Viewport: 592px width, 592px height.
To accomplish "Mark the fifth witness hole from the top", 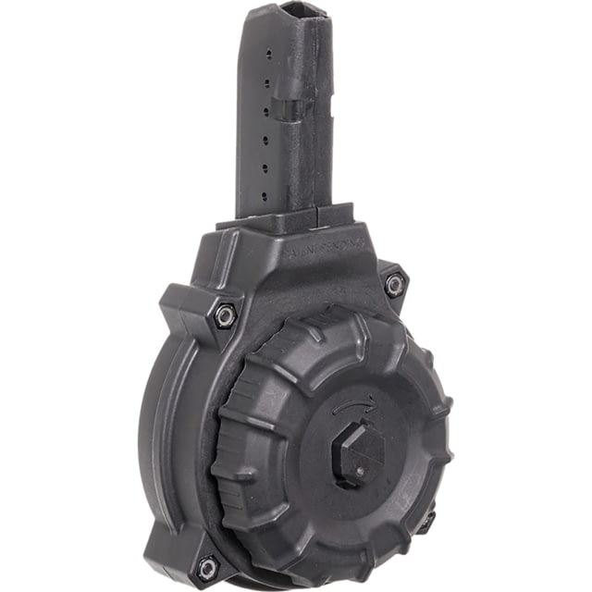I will pyautogui.click(x=265, y=169).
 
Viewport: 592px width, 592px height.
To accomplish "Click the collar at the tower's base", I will pyautogui.click(x=287, y=219).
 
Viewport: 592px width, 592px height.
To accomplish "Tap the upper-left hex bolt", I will pyautogui.click(x=223, y=314).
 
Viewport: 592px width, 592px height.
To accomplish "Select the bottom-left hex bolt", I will pyautogui.click(x=207, y=566).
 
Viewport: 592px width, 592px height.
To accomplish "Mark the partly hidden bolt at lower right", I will pyautogui.click(x=428, y=523).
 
